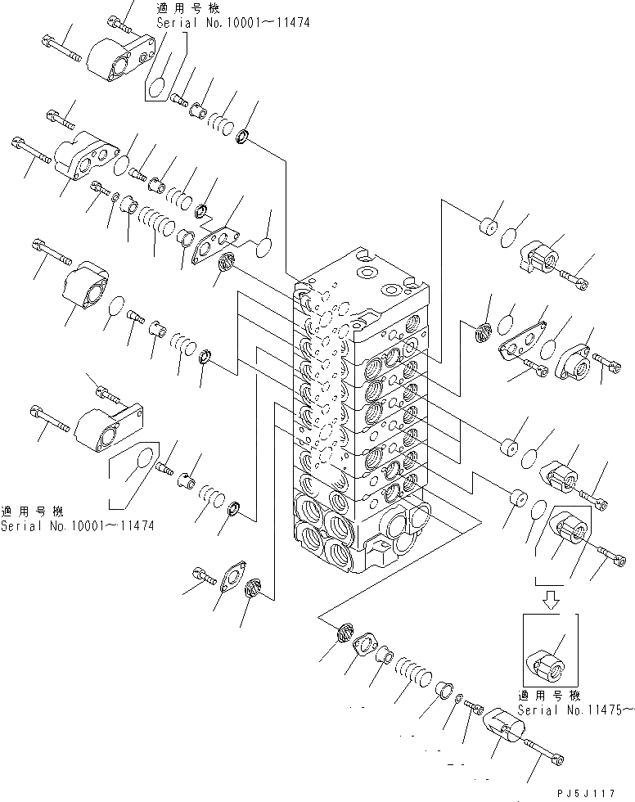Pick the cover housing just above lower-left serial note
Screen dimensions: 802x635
tap(102, 426)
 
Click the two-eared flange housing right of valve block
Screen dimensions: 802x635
tap(577, 358)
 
